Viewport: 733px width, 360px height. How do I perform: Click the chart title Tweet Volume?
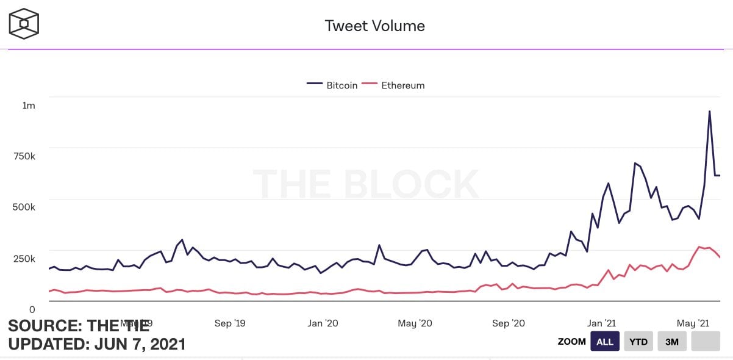[374, 26]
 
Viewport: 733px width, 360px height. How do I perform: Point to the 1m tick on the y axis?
[29, 106]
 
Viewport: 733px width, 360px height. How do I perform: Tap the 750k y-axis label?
[24, 156]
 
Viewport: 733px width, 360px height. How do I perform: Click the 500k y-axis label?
[24, 207]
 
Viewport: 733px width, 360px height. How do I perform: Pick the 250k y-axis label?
[24, 258]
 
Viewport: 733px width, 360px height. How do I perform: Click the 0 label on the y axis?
[32, 309]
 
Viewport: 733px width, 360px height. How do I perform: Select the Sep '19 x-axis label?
[231, 323]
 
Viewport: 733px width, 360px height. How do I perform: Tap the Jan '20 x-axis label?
[323, 323]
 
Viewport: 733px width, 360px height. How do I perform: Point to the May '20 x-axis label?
[415, 323]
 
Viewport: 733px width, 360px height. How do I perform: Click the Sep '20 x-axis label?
[509, 323]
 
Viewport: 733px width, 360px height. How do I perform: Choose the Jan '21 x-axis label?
[601, 323]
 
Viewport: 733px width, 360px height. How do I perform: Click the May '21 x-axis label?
[693, 323]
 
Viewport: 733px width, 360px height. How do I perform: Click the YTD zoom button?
[638, 342]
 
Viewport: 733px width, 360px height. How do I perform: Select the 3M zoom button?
[672, 342]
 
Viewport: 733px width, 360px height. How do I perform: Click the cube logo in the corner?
[24, 24]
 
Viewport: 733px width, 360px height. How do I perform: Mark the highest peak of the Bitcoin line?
[709, 111]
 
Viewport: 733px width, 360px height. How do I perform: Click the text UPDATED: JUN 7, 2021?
[97, 344]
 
